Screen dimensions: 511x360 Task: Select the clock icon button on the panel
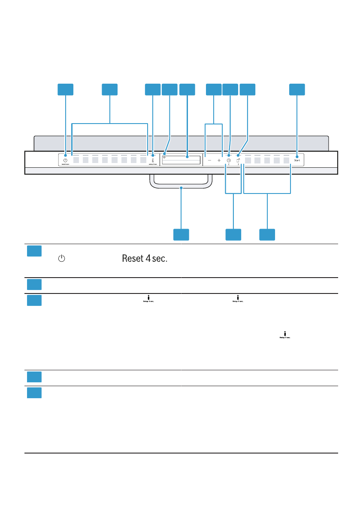[x=229, y=159]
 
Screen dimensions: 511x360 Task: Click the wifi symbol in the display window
[x=164, y=157]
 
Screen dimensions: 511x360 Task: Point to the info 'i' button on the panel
[x=153, y=159]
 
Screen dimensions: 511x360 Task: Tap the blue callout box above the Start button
[x=297, y=89]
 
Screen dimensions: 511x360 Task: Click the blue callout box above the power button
[x=65, y=89]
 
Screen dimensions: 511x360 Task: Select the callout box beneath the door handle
[x=181, y=235]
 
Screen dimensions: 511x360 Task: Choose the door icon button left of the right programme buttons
[x=238, y=159]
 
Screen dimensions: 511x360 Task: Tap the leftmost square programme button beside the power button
[x=76, y=160]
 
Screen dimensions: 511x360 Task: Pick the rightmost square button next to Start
[x=287, y=160]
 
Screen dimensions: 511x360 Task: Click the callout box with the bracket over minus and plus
[x=213, y=89]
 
